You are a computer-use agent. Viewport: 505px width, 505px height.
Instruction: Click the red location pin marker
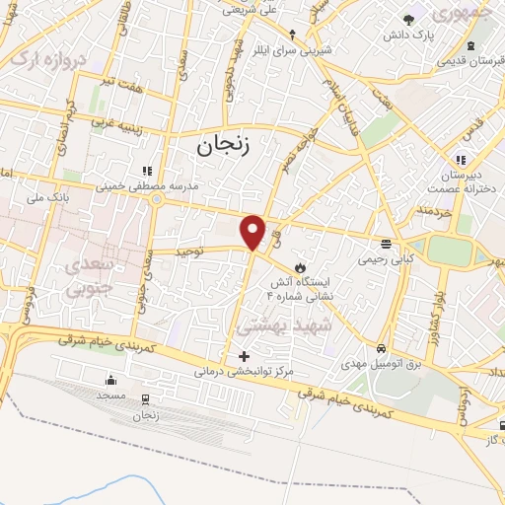(x=253, y=231)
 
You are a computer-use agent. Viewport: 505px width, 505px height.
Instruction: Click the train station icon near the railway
(x=147, y=399)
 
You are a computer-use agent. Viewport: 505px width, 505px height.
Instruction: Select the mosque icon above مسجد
(x=110, y=380)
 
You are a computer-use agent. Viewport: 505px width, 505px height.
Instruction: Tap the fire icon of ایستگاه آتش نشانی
(x=301, y=267)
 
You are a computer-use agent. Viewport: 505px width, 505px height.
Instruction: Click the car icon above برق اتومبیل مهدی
(x=381, y=348)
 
